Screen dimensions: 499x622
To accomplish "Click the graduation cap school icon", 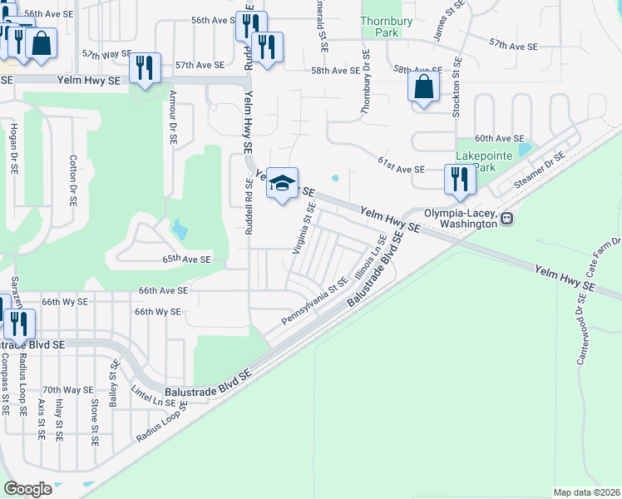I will pyautogui.click(x=282, y=183).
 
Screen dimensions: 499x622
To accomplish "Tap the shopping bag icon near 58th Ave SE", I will pyautogui.click(x=424, y=86).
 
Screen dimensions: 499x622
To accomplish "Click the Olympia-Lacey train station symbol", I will pyautogui.click(x=506, y=218).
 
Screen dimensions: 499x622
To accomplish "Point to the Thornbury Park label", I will pyautogui.click(x=382, y=27).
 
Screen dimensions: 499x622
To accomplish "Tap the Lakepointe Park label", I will pyautogui.click(x=476, y=161).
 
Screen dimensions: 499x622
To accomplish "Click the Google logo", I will pyautogui.click(x=28, y=488).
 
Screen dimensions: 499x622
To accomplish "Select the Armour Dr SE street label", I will pyautogui.click(x=173, y=117).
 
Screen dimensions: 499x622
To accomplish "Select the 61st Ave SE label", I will pyautogui.click(x=401, y=169).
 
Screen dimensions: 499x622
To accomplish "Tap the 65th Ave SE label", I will pyautogui.click(x=186, y=259).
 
